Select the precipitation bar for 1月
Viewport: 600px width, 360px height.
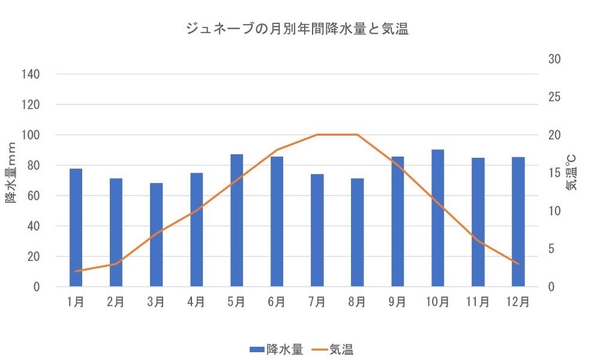click(76, 228)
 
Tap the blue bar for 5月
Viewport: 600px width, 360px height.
click(236, 221)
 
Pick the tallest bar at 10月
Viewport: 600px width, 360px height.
click(437, 218)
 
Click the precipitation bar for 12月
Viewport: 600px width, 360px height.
click(518, 222)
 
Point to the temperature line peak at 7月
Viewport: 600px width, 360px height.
click(317, 134)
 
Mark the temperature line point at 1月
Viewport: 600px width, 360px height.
click(76, 271)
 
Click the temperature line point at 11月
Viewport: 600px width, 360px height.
click(478, 241)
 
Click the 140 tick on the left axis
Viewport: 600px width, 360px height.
click(31, 74)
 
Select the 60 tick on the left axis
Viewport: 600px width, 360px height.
click(34, 196)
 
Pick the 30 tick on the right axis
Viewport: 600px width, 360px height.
click(554, 59)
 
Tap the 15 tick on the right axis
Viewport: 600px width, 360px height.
click(554, 173)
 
